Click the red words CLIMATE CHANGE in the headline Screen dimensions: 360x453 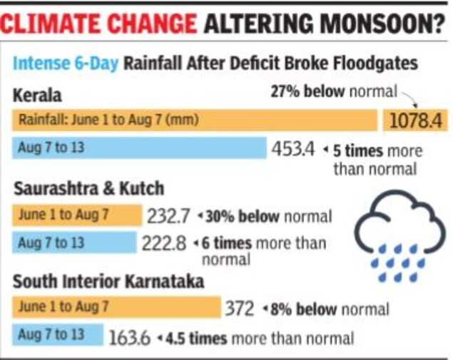(x=98, y=24)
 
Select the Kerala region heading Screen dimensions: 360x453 (x=37, y=94)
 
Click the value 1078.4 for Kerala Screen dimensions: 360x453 (x=417, y=120)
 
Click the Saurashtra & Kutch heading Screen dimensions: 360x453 (x=88, y=188)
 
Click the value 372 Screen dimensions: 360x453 (x=240, y=309)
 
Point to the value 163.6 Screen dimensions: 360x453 (x=129, y=336)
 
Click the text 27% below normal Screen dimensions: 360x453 (x=332, y=92)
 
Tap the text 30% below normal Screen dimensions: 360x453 (x=268, y=215)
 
